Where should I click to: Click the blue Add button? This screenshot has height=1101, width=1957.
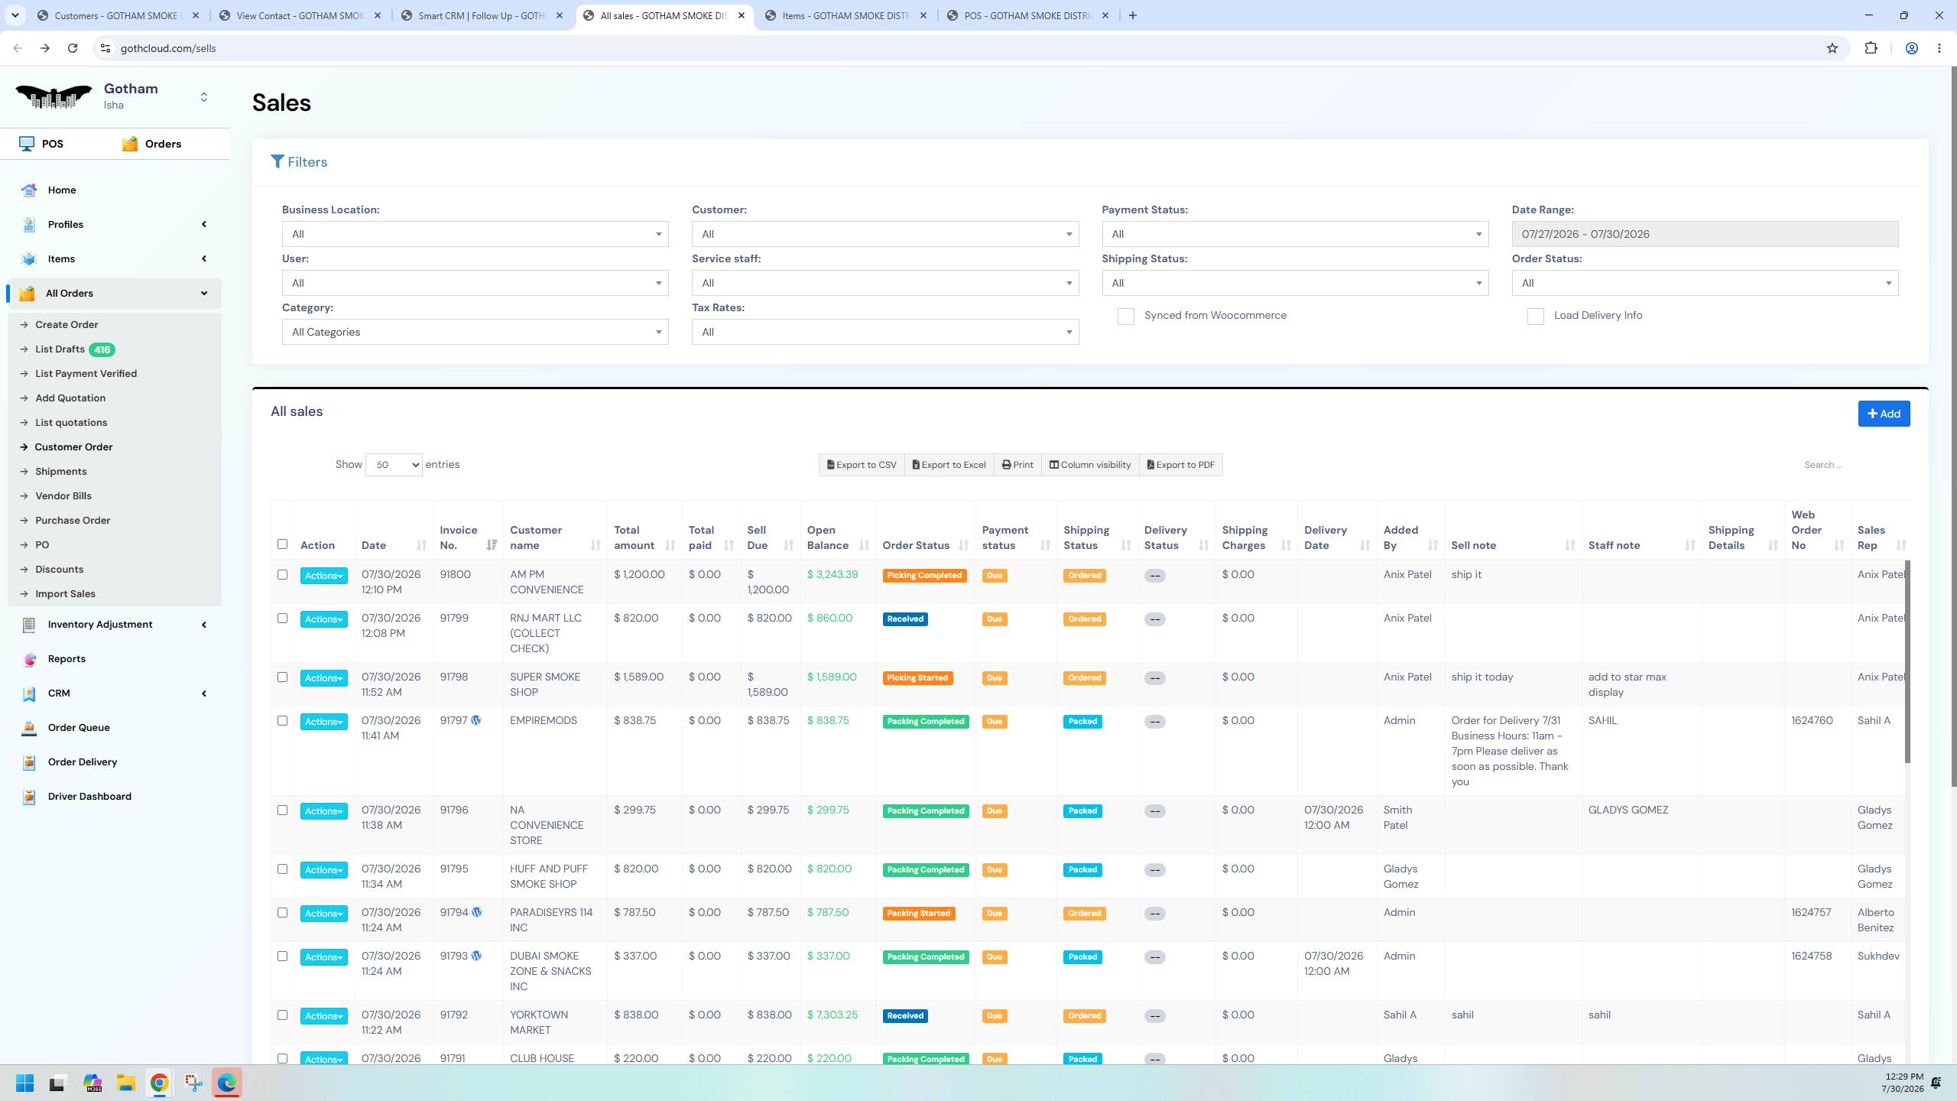pos(1884,414)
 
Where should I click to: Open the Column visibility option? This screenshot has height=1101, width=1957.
pos(1089,465)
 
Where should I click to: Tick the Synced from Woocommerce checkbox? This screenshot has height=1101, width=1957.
pos(1125,317)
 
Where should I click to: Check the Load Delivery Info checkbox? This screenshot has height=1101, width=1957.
pos(1535,317)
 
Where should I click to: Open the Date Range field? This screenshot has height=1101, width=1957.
pos(1704,234)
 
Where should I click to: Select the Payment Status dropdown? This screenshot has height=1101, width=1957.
pos(1295,234)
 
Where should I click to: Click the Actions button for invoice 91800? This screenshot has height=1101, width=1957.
pos(323,576)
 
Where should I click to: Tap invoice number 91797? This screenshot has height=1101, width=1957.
pos(453,720)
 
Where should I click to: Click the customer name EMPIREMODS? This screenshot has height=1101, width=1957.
pos(544,720)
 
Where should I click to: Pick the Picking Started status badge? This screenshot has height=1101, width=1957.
pos(917,678)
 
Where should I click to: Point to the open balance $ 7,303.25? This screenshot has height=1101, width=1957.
pos(832,1015)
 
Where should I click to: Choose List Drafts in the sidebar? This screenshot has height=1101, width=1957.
pos(60,349)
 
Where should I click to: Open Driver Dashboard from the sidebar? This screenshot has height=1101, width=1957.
pos(89,796)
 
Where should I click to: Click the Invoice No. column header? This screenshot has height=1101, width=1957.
pos(459,538)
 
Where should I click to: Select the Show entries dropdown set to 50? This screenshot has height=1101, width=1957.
pos(394,465)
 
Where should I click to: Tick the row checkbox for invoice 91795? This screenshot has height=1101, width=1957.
pos(282,869)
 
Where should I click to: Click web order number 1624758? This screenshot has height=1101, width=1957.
pos(1811,956)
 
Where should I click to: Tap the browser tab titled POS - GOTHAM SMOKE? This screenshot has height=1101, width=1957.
pos(1028,15)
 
